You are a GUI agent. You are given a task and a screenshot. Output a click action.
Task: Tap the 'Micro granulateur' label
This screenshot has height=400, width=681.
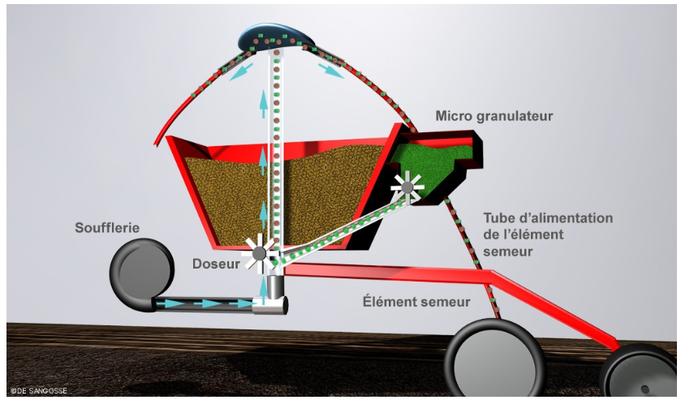(x=494, y=117)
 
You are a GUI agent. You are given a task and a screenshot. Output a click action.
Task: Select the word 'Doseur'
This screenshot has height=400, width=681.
(x=215, y=265)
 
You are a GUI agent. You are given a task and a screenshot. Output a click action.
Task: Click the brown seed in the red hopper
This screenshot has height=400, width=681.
(x=219, y=195)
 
